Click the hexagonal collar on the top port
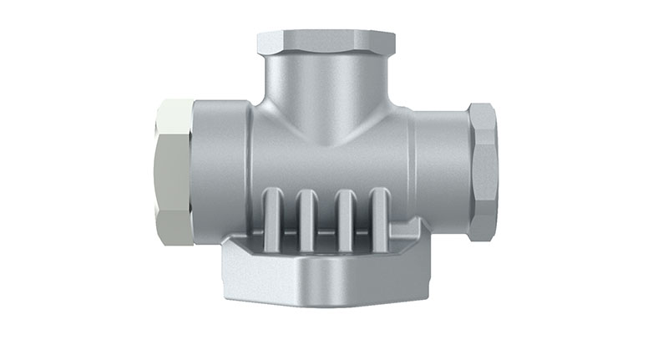[x=326, y=41]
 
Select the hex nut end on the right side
[x=482, y=171]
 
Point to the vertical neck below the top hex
[x=326, y=84]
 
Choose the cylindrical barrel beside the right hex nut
[x=441, y=167]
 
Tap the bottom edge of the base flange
[x=326, y=302]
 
